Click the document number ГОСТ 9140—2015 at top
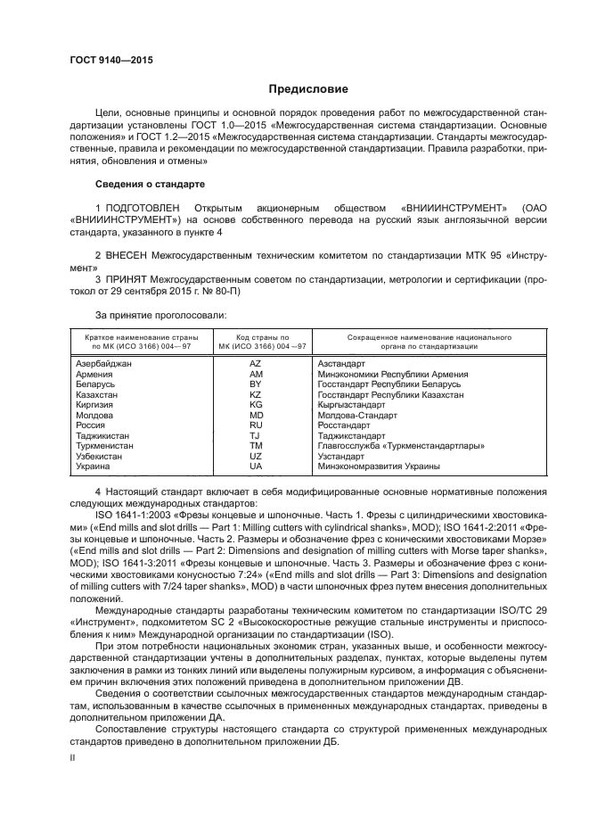pos(111,60)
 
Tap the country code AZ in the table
pos(256,365)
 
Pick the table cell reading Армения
pos(94,375)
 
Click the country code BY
pos(256,384)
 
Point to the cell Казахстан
pos(98,394)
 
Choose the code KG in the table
pos(256,404)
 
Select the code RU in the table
pos(256,425)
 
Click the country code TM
pos(256,445)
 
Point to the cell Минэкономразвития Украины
pos(379,466)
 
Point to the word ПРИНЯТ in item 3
pos(128,280)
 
